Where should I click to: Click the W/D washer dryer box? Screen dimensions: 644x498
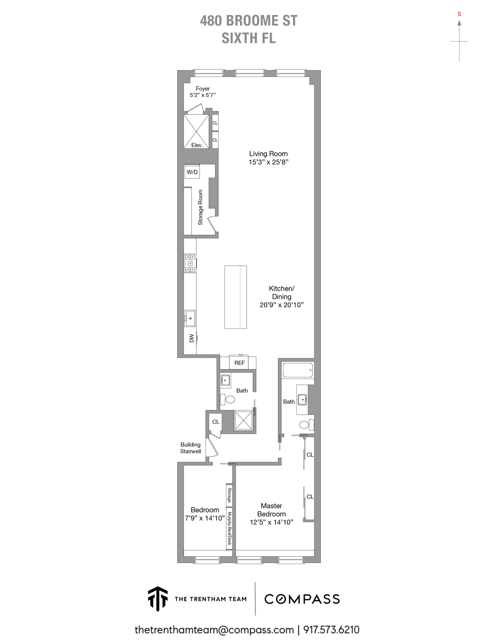coord(192,172)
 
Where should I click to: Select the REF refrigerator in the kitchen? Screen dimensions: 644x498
coord(239,362)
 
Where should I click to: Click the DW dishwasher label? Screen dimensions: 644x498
coord(192,338)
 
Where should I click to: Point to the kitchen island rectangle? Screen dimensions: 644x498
coord(235,297)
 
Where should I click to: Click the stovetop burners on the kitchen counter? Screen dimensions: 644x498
coord(190,263)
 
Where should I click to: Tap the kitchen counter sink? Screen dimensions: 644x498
coord(190,318)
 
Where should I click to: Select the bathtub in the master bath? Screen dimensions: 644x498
coord(298,370)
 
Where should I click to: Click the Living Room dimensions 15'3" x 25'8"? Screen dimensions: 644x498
coord(269,162)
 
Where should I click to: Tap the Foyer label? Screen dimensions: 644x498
coord(203,88)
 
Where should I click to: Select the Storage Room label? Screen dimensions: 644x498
coord(201,207)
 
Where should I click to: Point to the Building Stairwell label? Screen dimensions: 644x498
coord(190,448)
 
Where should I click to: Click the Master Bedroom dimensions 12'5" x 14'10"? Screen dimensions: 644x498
coord(271,522)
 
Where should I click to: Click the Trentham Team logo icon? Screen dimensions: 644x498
coord(158,599)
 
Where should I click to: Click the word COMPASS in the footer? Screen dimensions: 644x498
coord(302,599)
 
